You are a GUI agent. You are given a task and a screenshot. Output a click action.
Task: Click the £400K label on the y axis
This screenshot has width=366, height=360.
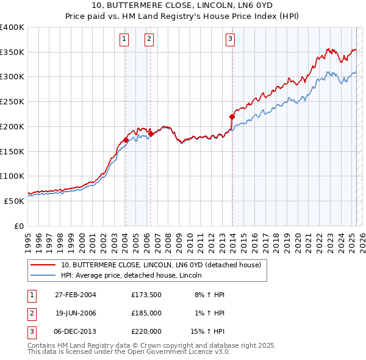[12, 27]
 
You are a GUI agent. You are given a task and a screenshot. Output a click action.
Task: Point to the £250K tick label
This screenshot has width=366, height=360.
[12, 102]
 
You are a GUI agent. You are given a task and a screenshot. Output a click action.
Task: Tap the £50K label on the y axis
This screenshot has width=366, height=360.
[14, 201]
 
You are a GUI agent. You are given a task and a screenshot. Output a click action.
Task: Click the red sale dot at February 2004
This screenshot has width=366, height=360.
[126, 140]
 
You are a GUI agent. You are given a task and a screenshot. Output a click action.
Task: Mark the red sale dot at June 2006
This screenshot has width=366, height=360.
[151, 134]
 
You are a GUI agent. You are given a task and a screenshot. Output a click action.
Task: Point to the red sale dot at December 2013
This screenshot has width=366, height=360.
[232, 117]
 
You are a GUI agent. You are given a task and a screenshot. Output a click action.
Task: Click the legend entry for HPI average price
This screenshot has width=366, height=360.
[134, 276]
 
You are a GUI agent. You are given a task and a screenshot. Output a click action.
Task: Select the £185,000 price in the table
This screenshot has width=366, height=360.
[146, 313]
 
